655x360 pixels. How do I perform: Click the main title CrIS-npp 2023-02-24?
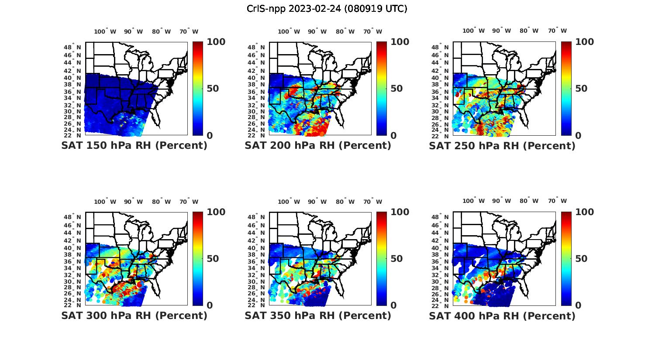(x=327, y=9)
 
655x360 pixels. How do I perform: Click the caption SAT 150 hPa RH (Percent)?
(x=134, y=146)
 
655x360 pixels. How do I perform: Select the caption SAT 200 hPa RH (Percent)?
(x=318, y=146)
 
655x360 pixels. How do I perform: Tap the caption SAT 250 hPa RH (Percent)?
(x=502, y=146)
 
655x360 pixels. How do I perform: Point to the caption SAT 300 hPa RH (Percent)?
(x=134, y=315)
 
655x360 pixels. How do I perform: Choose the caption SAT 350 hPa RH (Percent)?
(x=318, y=315)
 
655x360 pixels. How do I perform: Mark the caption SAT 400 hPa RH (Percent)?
(x=502, y=315)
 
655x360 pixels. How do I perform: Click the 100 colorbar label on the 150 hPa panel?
(x=216, y=42)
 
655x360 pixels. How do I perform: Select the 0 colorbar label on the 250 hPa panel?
(x=578, y=136)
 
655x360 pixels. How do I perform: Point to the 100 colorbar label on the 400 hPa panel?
(x=585, y=212)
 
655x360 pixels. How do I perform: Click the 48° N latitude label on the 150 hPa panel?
(x=72, y=47)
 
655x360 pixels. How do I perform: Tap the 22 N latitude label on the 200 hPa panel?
(x=256, y=136)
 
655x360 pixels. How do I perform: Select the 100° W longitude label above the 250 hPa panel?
(x=474, y=31)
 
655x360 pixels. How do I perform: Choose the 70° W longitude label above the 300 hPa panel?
(x=189, y=202)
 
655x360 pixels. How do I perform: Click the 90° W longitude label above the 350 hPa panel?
(x=317, y=202)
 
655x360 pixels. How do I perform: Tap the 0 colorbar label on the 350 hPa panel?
(x=393, y=305)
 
